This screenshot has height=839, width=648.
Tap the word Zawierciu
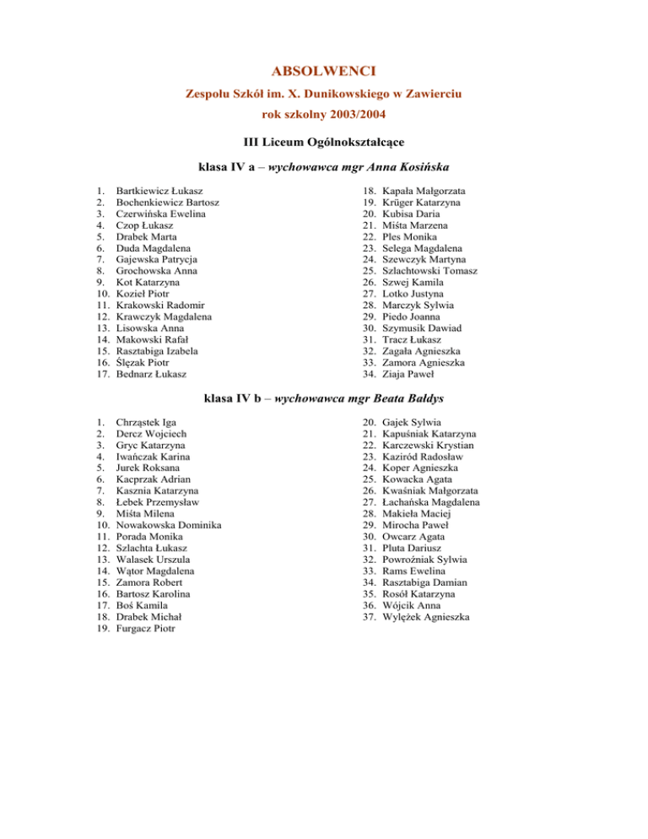click(435, 90)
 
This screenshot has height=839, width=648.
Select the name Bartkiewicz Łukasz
click(159, 192)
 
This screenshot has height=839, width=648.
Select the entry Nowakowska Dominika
click(169, 526)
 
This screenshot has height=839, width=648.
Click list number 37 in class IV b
click(368, 617)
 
